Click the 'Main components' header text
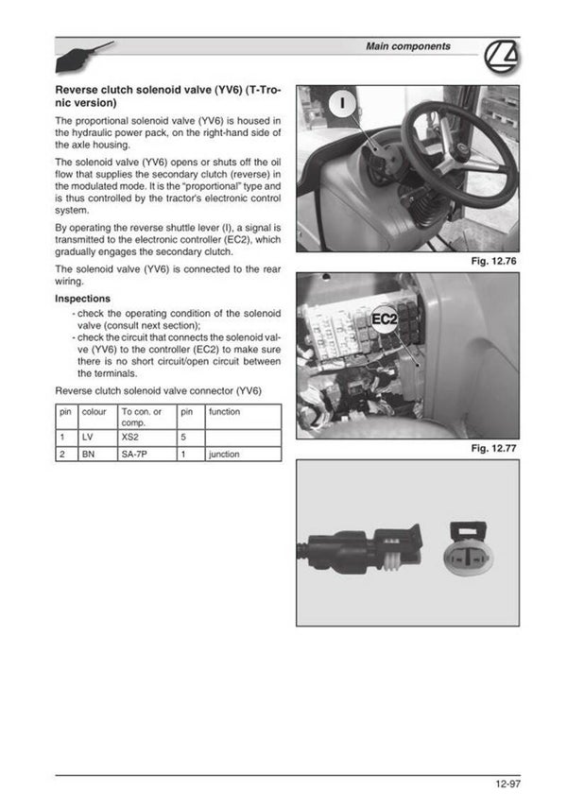(x=407, y=46)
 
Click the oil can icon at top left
(x=84, y=58)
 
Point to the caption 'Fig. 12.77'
(x=495, y=448)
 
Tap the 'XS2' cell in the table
(x=146, y=439)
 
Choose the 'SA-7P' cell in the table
(x=146, y=455)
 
